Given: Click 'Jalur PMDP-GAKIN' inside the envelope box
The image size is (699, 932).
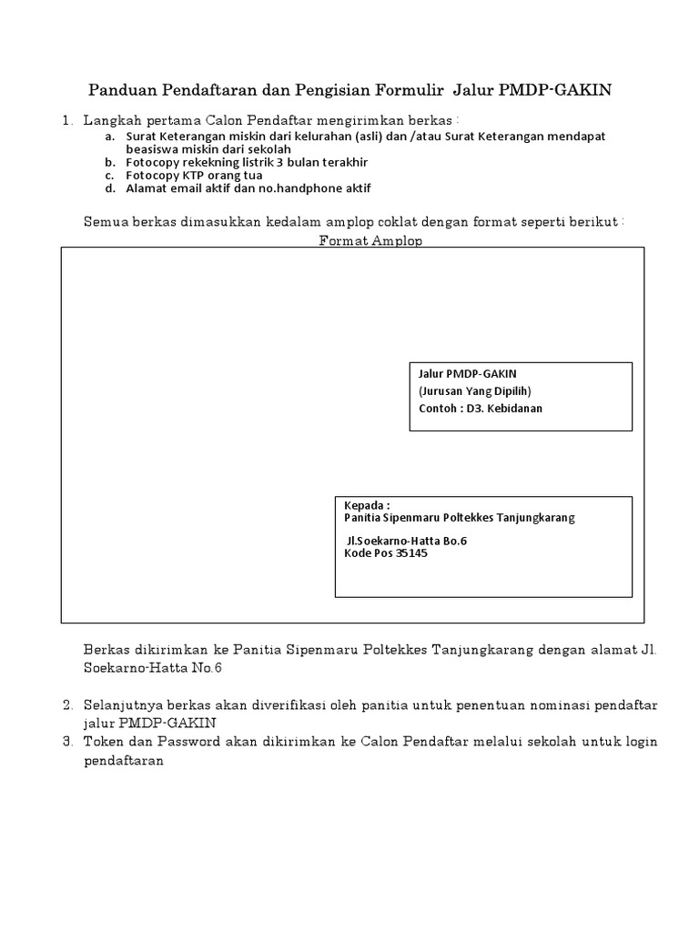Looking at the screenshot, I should point(467,374).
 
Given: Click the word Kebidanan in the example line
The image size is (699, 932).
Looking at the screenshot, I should point(516,408).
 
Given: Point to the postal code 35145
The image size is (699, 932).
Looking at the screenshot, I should point(411,552).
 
